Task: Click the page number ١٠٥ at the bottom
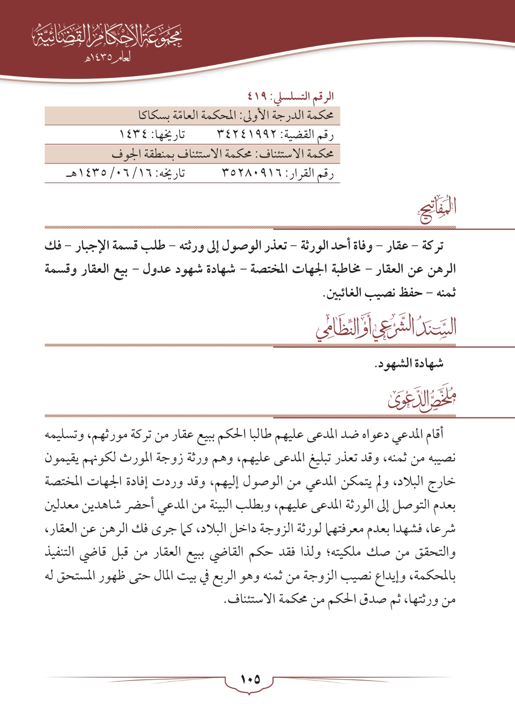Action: click(x=250, y=680)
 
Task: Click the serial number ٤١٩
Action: click(x=258, y=96)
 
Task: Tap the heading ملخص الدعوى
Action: click(x=422, y=399)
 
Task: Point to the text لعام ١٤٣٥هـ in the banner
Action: click(x=108, y=59)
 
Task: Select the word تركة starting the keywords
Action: click(x=433, y=246)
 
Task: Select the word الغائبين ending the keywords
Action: click(x=345, y=293)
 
